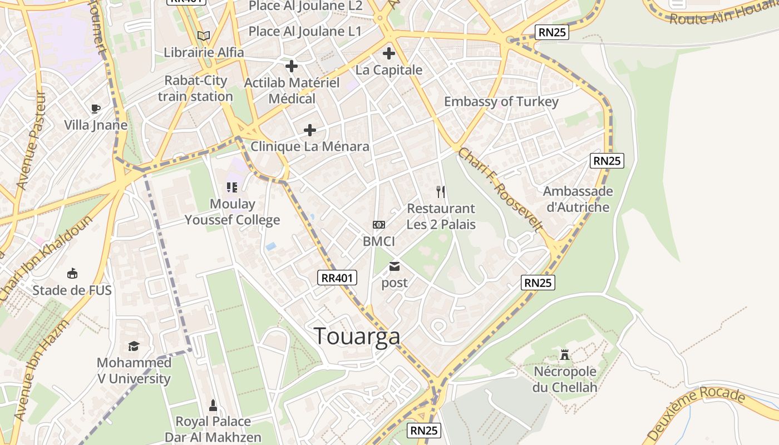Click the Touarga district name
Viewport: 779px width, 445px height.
tap(357, 336)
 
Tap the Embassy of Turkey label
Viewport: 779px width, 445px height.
tap(501, 102)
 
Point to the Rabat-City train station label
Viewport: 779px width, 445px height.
tap(195, 88)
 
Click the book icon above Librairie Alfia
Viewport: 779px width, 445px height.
tap(204, 36)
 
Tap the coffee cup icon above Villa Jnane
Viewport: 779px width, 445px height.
tap(96, 108)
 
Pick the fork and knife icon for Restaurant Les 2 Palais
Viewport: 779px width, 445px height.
tap(441, 192)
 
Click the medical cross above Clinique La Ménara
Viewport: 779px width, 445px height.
tap(309, 130)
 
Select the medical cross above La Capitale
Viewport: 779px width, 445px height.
tap(388, 54)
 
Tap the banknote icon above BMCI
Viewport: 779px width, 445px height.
tap(378, 225)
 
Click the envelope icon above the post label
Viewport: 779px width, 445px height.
tap(395, 266)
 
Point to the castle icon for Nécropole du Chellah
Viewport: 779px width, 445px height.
tap(565, 355)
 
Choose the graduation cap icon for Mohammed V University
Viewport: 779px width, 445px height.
tap(134, 347)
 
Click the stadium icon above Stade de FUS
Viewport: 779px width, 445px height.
tap(72, 274)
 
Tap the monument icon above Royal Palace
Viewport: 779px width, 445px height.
tap(213, 404)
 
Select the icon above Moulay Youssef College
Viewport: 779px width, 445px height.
tap(232, 187)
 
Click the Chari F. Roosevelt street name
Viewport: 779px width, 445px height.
tap(500, 189)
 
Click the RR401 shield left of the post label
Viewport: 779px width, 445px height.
tap(337, 278)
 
